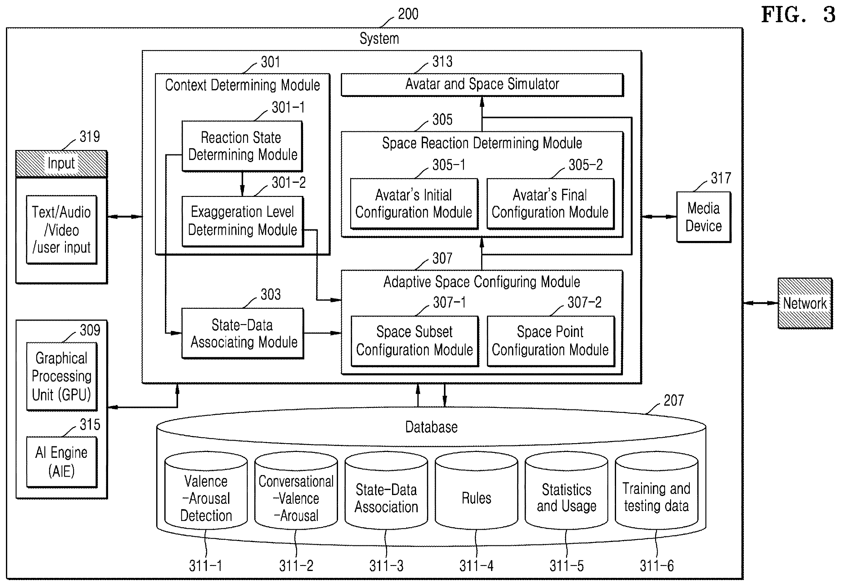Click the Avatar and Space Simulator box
pyautogui.click(x=482, y=85)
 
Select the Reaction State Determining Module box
pyautogui.click(x=242, y=146)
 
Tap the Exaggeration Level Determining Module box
pyautogui.click(x=242, y=221)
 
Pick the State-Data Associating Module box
pyautogui.click(x=242, y=333)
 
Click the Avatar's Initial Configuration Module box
pyautogui.click(x=414, y=204)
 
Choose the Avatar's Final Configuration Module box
pyautogui.click(x=550, y=204)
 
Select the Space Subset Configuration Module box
pyautogui.click(x=415, y=341)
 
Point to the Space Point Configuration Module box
pyautogui.click(x=550, y=341)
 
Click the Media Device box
pyautogui.click(x=704, y=217)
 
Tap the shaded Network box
pyautogui.click(x=805, y=303)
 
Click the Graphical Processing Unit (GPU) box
pyautogui.click(x=62, y=376)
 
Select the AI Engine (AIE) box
pyautogui.click(x=62, y=462)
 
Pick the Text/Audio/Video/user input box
pyautogui.click(x=62, y=230)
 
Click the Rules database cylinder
pyautogui.click(x=476, y=490)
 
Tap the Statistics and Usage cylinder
pyautogui.click(x=566, y=490)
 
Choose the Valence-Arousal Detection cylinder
pyautogui.click(x=206, y=490)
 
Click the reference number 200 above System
pyautogui.click(x=408, y=14)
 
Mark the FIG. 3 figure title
pyautogui.click(x=799, y=15)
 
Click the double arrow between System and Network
pyautogui.click(x=760, y=303)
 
